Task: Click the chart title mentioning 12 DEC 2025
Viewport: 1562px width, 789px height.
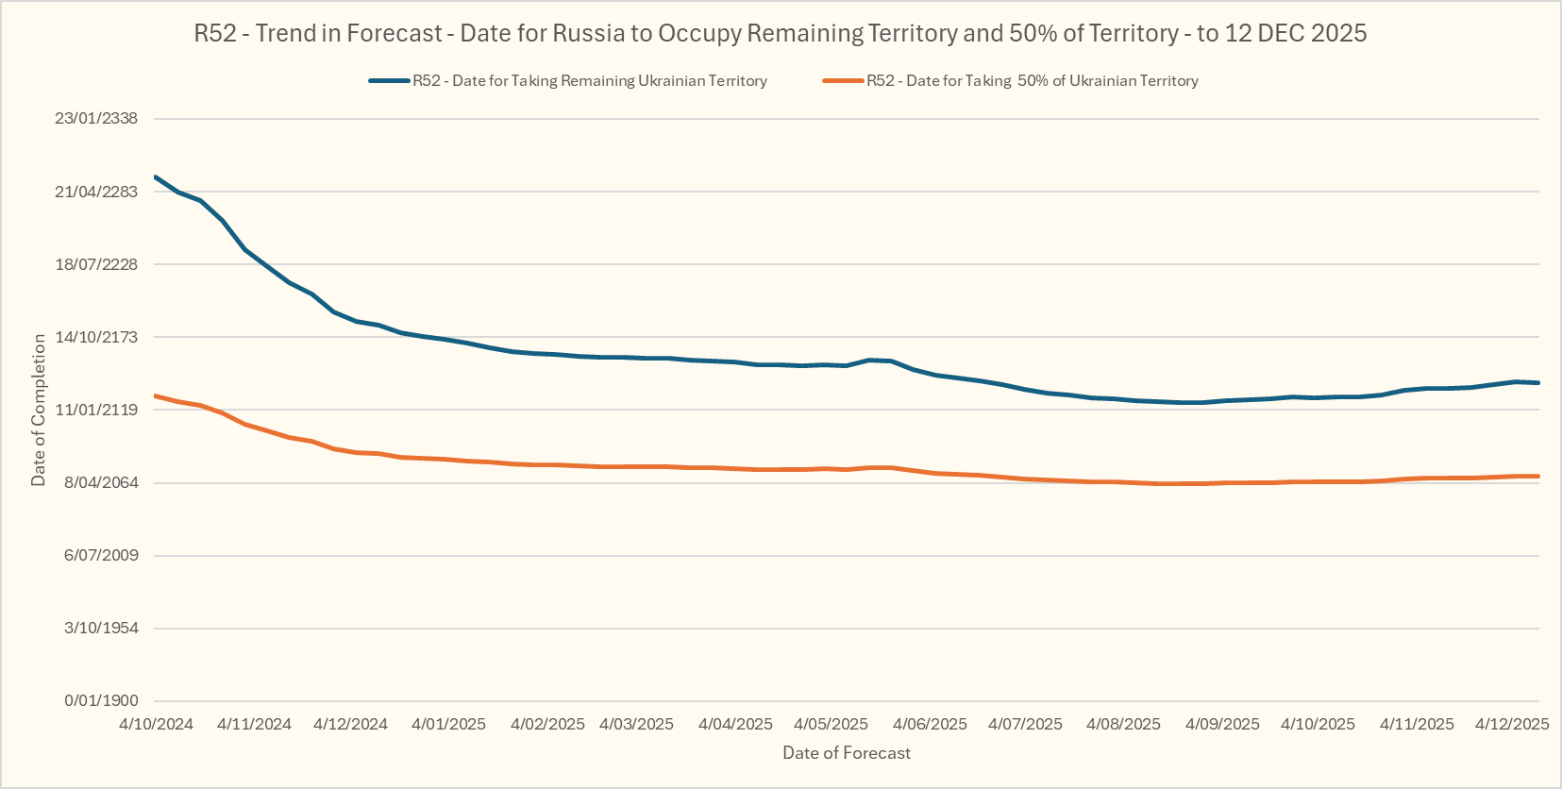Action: (781, 34)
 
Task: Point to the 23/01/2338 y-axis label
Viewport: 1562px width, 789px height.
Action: (96, 119)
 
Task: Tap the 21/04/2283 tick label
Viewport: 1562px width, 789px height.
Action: (96, 192)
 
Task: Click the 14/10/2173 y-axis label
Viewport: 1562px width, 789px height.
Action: (96, 337)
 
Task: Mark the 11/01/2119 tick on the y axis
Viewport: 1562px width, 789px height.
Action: (96, 410)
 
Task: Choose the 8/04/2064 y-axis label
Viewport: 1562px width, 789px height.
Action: (100, 482)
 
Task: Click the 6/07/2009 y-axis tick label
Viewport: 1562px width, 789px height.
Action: (101, 555)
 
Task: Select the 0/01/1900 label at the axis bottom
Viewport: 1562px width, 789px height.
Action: (101, 700)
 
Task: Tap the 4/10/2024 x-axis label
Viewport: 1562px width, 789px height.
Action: (156, 725)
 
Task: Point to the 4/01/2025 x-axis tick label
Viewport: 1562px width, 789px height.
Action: (448, 725)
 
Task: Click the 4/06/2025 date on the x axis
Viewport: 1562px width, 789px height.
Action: (930, 725)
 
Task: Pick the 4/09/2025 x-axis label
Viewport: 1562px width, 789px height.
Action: (1222, 725)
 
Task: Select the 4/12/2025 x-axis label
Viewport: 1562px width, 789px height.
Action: (1512, 725)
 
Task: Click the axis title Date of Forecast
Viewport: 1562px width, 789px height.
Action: (847, 753)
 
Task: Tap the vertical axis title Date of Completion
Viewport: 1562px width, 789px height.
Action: (39, 410)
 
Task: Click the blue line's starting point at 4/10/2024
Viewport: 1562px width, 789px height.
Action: (156, 176)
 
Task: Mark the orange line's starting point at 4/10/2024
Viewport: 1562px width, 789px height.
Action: (156, 395)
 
